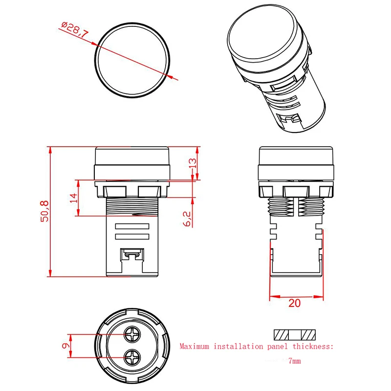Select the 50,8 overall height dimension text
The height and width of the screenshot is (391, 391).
click(44, 211)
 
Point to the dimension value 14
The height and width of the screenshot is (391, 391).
click(74, 197)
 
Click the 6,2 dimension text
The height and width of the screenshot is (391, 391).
click(188, 218)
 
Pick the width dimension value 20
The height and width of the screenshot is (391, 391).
click(294, 303)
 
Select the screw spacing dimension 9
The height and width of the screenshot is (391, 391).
click(64, 346)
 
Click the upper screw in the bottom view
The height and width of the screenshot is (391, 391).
click(131, 335)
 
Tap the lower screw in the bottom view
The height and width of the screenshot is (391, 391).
click(131, 358)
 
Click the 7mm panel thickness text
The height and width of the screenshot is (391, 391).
click(294, 361)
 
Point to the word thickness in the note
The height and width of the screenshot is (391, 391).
click(313, 347)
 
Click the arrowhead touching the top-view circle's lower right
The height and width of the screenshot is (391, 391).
click(169, 76)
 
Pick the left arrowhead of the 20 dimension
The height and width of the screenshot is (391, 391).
click(272, 296)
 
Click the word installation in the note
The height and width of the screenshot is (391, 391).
click(238, 347)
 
